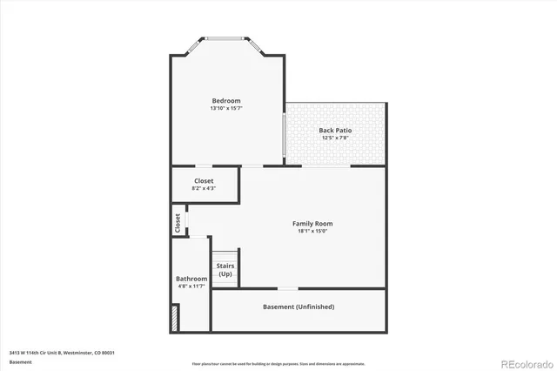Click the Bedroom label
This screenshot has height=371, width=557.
point(226,100)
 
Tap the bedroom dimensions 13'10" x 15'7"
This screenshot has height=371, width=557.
point(226,109)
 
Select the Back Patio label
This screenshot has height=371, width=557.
point(335,130)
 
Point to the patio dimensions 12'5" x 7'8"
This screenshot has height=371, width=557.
point(335,138)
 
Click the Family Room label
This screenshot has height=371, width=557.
point(312,224)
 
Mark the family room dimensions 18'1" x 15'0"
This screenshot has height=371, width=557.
point(312,232)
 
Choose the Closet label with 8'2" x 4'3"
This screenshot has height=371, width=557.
point(204,181)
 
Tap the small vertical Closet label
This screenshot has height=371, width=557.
point(178,222)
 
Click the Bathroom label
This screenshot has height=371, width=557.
point(191,279)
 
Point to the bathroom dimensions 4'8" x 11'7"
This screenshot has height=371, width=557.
point(191,287)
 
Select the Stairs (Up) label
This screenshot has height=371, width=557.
point(225,270)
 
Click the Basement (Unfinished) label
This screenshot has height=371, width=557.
point(299,307)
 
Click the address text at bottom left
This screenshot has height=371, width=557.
point(63,353)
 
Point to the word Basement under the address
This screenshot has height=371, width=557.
point(20,361)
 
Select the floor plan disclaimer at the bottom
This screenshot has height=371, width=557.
point(278,363)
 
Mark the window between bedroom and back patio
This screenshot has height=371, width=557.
point(284,134)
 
